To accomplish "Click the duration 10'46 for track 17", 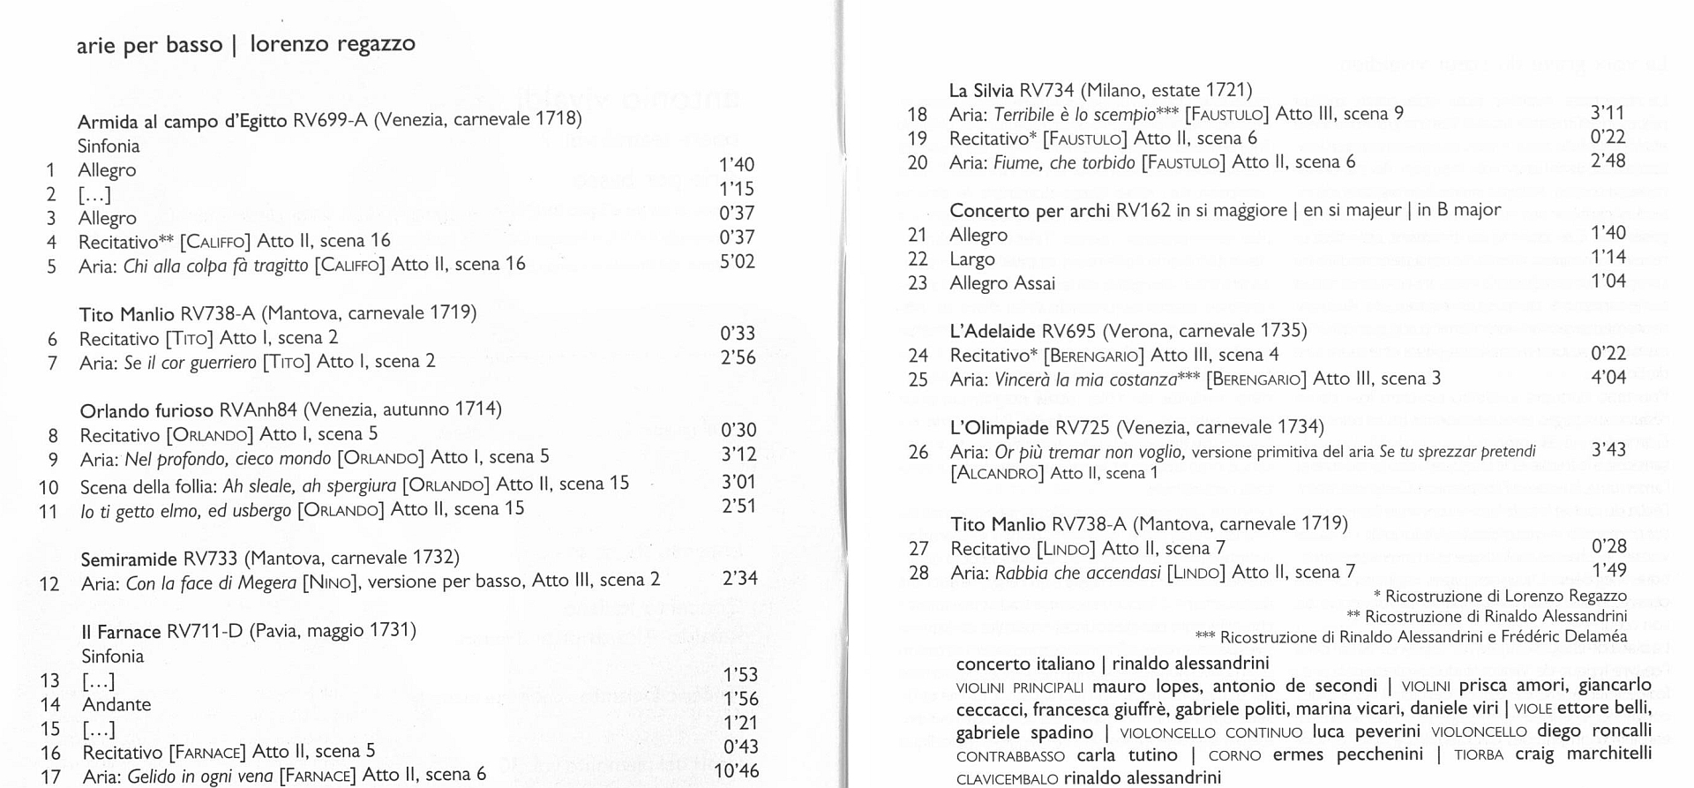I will [x=737, y=769].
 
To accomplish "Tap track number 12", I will [x=49, y=584].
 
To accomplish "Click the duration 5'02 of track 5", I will [x=737, y=261].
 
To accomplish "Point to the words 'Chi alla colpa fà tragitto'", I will [x=216, y=265].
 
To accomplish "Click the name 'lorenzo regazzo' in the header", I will [x=333, y=43].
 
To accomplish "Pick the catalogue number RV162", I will [x=1143, y=210].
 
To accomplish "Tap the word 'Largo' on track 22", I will [x=972, y=259].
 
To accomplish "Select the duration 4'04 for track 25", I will [x=1608, y=377].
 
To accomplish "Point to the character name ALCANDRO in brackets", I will [x=997, y=474].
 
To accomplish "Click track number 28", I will [x=918, y=573].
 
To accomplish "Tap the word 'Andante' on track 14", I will [x=116, y=705].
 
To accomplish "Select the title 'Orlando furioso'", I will [x=146, y=411].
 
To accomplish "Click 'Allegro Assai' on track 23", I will [x=1002, y=283].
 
